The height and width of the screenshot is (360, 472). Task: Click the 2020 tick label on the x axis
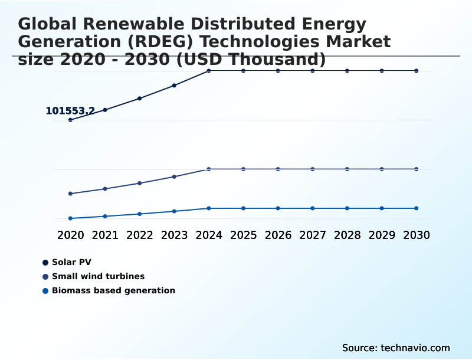(x=71, y=235)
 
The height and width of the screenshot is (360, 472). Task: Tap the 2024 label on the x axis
(x=209, y=235)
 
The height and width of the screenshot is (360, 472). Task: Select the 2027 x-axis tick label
(x=313, y=235)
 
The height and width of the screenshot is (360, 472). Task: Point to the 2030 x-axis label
(x=417, y=235)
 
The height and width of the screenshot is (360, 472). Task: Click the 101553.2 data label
(x=70, y=111)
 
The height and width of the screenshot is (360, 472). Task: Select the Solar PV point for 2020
(x=71, y=120)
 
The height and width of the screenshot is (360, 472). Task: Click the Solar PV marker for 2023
(x=174, y=86)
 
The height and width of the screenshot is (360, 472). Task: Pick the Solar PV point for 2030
(x=417, y=71)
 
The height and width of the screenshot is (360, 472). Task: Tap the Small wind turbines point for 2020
(x=71, y=194)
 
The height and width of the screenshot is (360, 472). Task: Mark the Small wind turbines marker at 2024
(x=209, y=169)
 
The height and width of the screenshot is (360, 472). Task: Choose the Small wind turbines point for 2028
(x=347, y=169)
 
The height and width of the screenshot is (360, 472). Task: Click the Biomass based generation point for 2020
(x=71, y=218)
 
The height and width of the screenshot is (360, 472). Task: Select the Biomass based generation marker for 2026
(x=278, y=208)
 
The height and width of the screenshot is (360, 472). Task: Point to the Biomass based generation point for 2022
(x=140, y=214)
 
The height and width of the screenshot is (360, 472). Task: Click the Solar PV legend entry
(x=71, y=262)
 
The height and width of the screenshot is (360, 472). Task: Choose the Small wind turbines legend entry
(x=97, y=276)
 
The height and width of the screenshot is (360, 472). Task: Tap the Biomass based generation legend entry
(x=113, y=290)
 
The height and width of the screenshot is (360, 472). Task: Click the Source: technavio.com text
(x=396, y=348)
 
